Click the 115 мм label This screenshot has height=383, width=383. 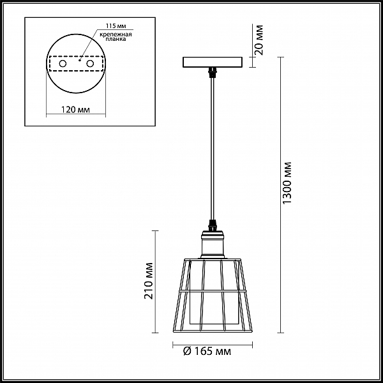[116, 26]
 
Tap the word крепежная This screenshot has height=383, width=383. [116, 34]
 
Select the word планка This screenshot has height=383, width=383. [116, 39]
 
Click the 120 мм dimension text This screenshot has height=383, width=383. [75, 110]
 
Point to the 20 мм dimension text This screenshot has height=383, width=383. [259, 40]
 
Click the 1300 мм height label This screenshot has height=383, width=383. [287, 183]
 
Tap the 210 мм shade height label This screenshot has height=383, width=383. [149, 281]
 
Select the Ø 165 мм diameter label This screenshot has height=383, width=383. [207, 352]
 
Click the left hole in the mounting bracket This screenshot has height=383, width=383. [63, 64]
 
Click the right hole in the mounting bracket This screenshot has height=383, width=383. [90, 64]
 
